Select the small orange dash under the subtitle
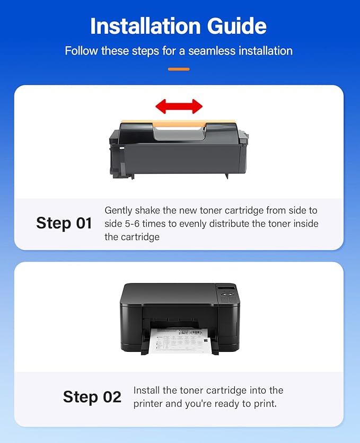pos(179,69)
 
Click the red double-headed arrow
pos(179,107)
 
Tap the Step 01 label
pos(64,223)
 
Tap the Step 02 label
pos(92,397)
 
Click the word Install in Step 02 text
pos(148,391)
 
